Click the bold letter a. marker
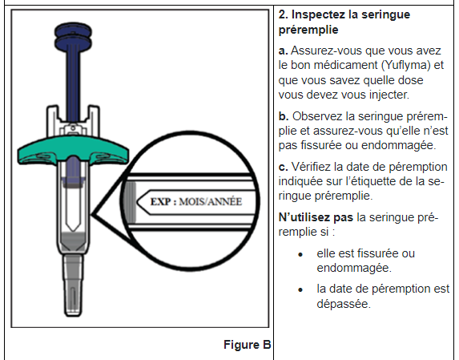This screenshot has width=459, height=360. click(283, 51)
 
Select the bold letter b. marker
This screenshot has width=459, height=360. click(283, 116)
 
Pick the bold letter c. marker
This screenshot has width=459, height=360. click(283, 168)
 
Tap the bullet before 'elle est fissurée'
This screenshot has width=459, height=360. click(299, 253)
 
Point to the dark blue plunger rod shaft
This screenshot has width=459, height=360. click(74, 80)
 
